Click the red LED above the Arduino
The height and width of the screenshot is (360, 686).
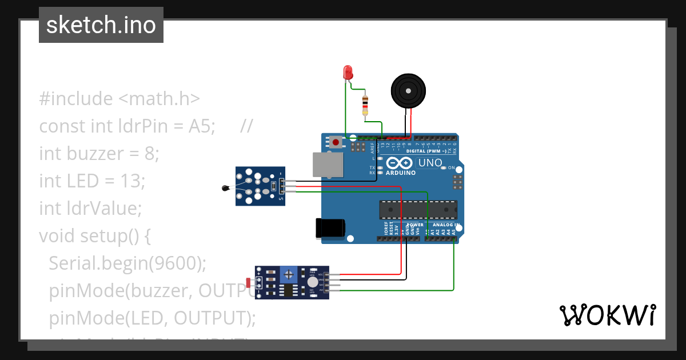[x=348, y=73]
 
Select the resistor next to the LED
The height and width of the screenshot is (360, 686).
[x=365, y=106]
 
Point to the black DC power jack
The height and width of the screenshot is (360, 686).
[x=331, y=228]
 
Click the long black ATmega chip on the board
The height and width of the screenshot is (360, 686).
[x=418, y=210]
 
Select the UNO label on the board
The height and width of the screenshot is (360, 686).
[x=430, y=163]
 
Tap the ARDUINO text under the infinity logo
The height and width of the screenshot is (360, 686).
[x=401, y=173]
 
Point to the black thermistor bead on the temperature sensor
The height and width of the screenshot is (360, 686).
[x=226, y=187]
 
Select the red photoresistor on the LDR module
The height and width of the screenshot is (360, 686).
[x=248, y=282]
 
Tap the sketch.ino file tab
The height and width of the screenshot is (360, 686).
[x=101, y=25]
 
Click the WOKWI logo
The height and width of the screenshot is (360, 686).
[x=607, y=315]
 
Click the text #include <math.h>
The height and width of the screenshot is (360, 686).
[x=119, y=99]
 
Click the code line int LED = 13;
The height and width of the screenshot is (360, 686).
[x=92, y=181]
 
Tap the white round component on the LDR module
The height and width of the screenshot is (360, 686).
[x=312, y=282]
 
